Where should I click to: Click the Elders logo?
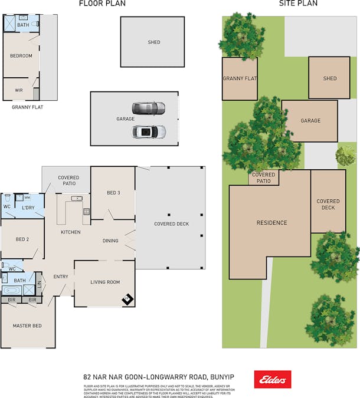tap(272, 379)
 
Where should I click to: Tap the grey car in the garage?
tap(148, 108)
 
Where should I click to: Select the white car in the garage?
tap(148, 131)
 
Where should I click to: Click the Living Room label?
tap(105, 282)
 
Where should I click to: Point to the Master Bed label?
tap(27, 325)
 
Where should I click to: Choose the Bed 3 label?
tap(113, 193)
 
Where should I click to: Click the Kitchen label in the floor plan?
tap(71, 232)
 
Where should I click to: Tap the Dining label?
tap(110, 241)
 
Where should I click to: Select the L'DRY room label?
tap(28, 208)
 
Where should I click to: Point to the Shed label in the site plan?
tap(330, 78)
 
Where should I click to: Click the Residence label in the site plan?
tap(271, 223)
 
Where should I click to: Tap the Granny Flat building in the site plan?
tap(239, 78)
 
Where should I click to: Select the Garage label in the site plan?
tap(310, 121)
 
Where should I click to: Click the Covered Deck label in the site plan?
tap(328, 204)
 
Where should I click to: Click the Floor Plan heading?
tap(102, 4)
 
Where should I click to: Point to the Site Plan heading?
tap(298, 4)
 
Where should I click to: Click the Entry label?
tap(61, 277)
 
